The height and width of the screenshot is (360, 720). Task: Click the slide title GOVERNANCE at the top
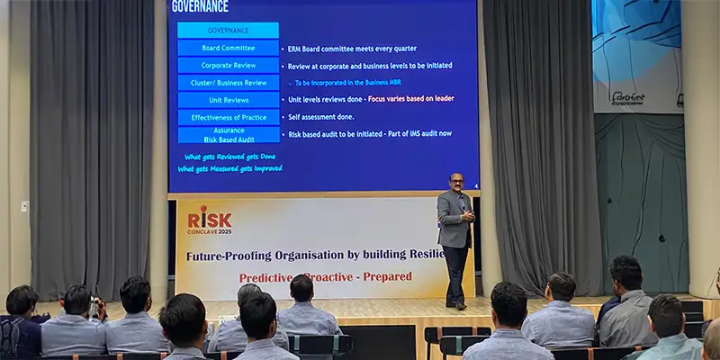tap(200, 7)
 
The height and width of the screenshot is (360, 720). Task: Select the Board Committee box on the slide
tap(228, 48)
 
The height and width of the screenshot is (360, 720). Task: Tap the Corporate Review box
tap(228, 65)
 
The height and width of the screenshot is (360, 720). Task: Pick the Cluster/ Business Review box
tap(228, 82)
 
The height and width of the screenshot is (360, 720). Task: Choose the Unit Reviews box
tap(228, 100)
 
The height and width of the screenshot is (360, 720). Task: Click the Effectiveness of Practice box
tap(228, 117)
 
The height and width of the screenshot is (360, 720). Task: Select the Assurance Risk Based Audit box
tap(228, 134)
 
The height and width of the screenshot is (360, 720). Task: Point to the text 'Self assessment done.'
tap(320, 117)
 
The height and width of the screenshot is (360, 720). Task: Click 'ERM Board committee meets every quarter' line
tap(351, 49)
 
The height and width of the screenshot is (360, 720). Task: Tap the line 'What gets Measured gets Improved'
tap(229, 168)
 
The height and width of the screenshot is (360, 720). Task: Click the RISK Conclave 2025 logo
tap(209, 220)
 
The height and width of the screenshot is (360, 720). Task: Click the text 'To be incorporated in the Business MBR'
tap(347, 83)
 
